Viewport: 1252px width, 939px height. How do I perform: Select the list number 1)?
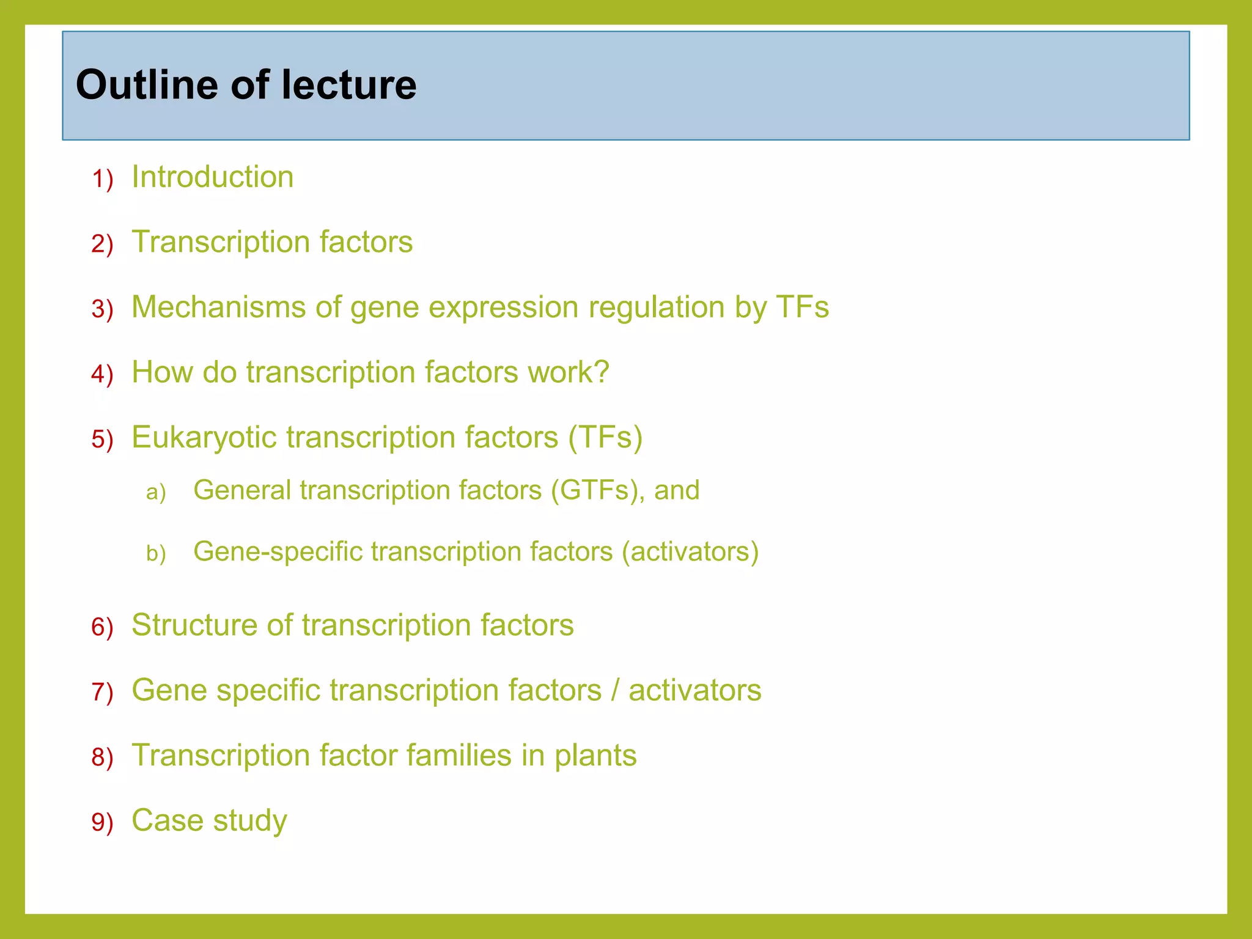[102, 180]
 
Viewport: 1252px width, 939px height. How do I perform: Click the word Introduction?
[212, 177]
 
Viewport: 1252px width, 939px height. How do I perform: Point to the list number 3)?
[102, 309]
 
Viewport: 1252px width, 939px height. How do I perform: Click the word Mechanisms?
[218, 307]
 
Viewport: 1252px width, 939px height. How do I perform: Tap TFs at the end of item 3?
[802, 307]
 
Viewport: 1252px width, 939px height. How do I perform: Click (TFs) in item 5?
[605, 438]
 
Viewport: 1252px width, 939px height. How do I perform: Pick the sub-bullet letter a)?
[156, 492]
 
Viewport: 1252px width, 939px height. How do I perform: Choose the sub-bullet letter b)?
[156, 554]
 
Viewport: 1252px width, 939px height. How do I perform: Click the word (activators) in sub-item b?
[690, 551]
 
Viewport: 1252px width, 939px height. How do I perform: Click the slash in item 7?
[615, 690]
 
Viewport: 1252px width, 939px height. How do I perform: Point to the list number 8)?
[102, 757]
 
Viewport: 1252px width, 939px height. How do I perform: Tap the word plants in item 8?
[595, 756]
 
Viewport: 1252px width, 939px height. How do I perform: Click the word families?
[459, 755]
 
